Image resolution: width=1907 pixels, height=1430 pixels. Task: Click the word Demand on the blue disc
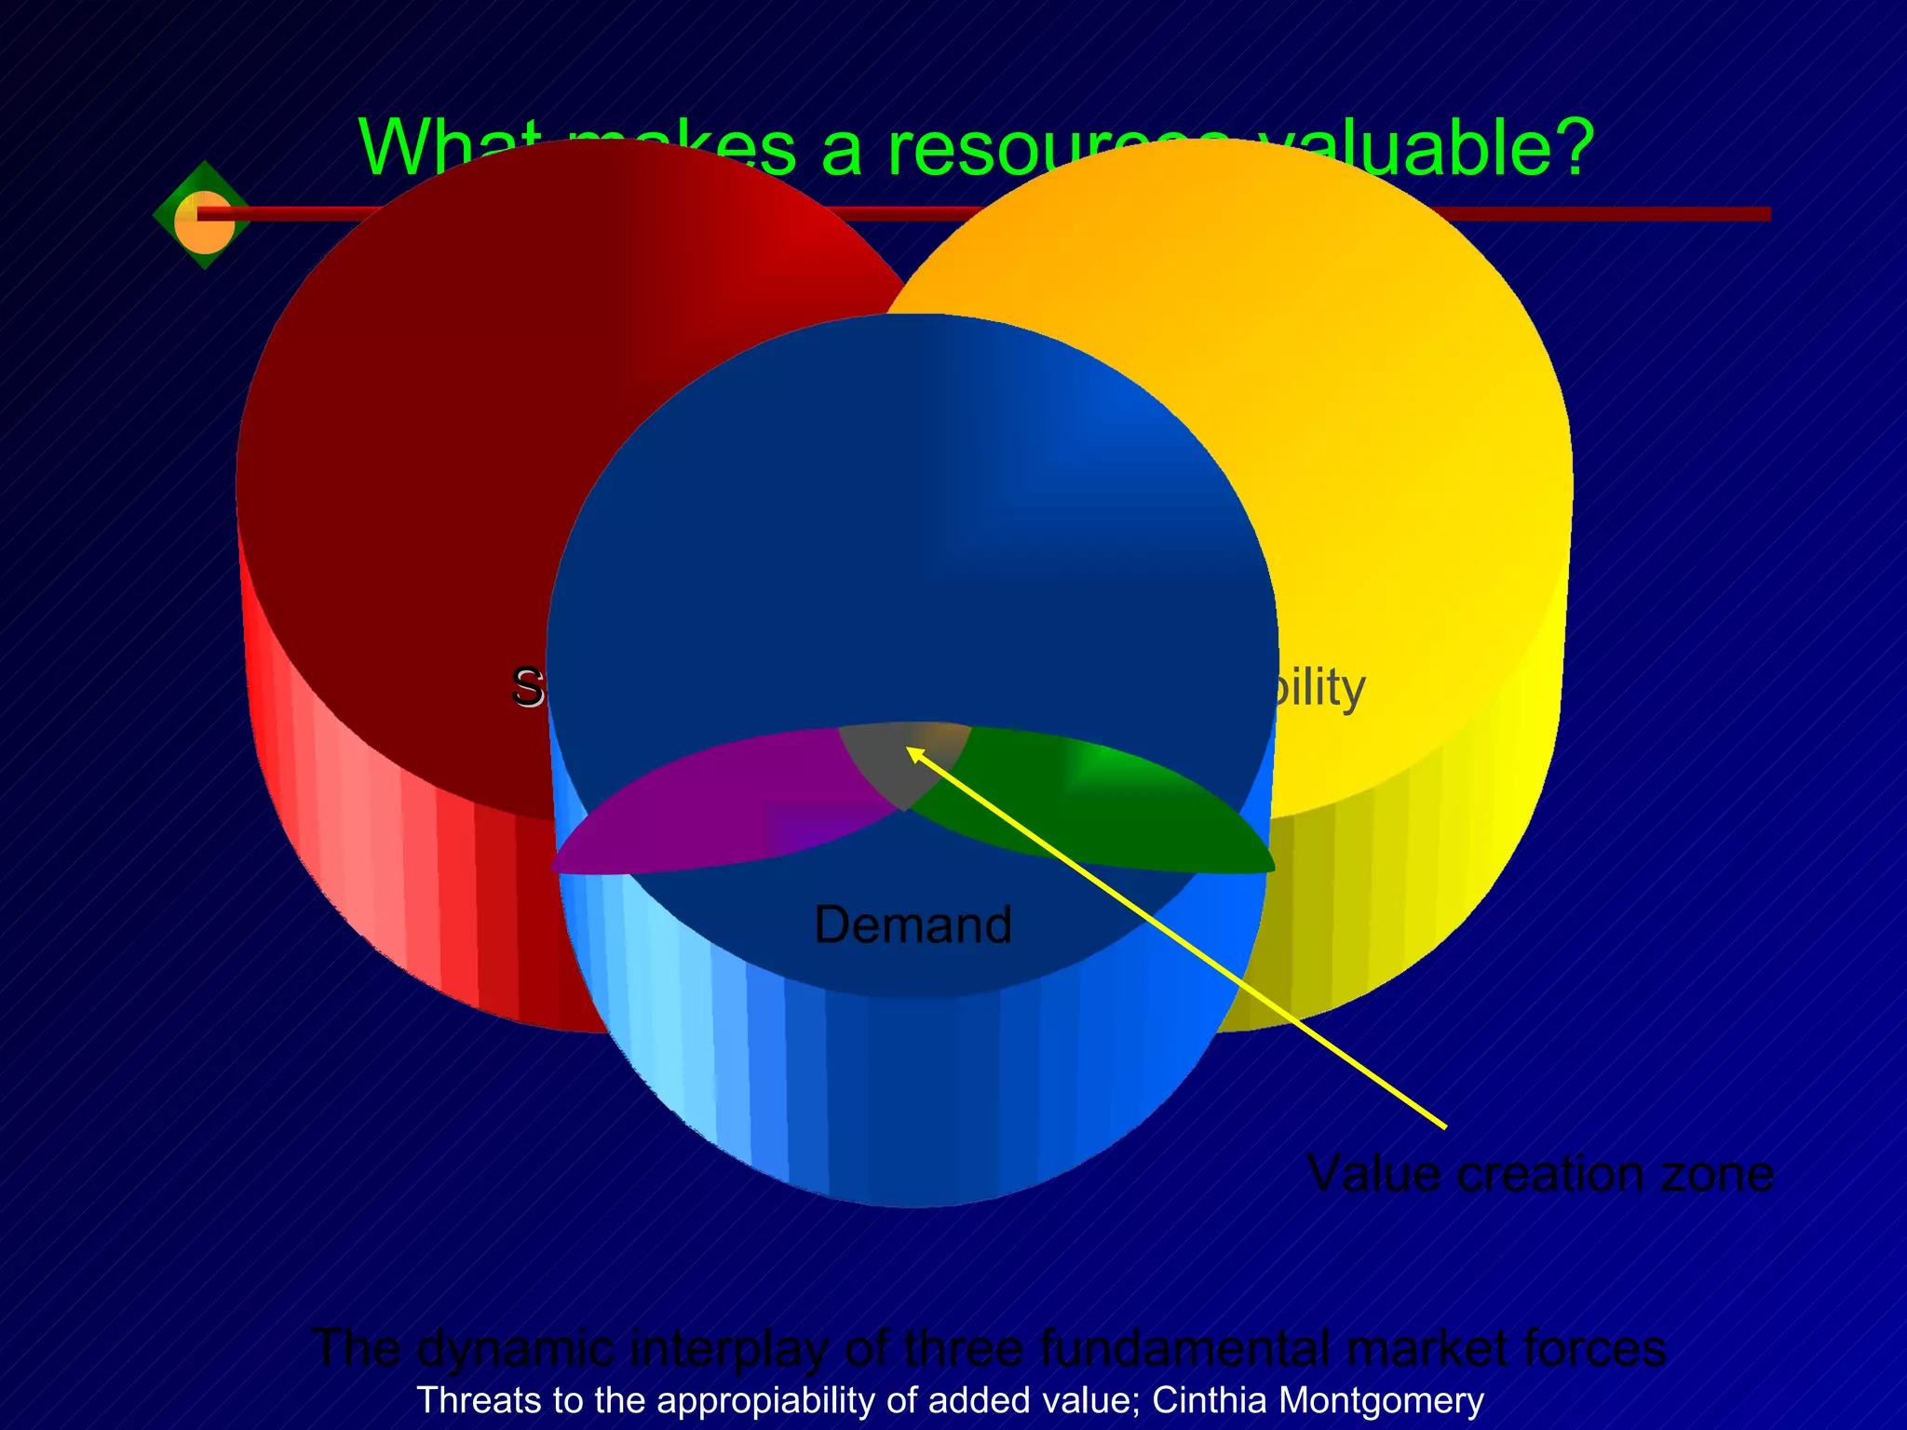(x=913, y=924)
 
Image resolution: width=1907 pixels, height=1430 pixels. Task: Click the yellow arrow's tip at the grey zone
(x=911, y=750)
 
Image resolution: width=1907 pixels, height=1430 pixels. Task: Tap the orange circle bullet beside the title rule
(x=204, y=223)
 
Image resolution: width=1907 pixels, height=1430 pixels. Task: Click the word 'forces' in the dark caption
(x=1593, y=1348)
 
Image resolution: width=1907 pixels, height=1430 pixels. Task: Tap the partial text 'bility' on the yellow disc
(x=1318, y=689)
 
